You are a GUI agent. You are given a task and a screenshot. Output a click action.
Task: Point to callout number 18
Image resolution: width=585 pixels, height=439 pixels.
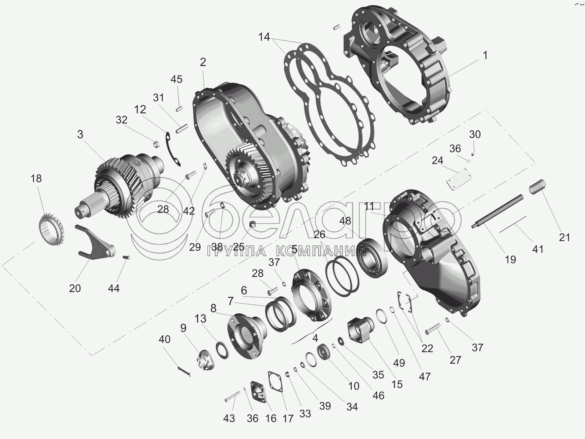(x=36, y=178)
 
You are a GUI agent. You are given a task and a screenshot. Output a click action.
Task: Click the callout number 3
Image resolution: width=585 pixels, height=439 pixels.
(x=80, y=135)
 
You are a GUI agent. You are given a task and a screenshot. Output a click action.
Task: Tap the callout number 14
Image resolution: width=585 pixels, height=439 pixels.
(x=264, y=37)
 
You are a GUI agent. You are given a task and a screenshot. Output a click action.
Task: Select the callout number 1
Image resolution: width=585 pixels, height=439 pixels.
(x=485, y=56)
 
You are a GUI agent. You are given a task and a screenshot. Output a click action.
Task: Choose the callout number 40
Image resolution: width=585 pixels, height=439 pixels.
(x=164, y=339)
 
